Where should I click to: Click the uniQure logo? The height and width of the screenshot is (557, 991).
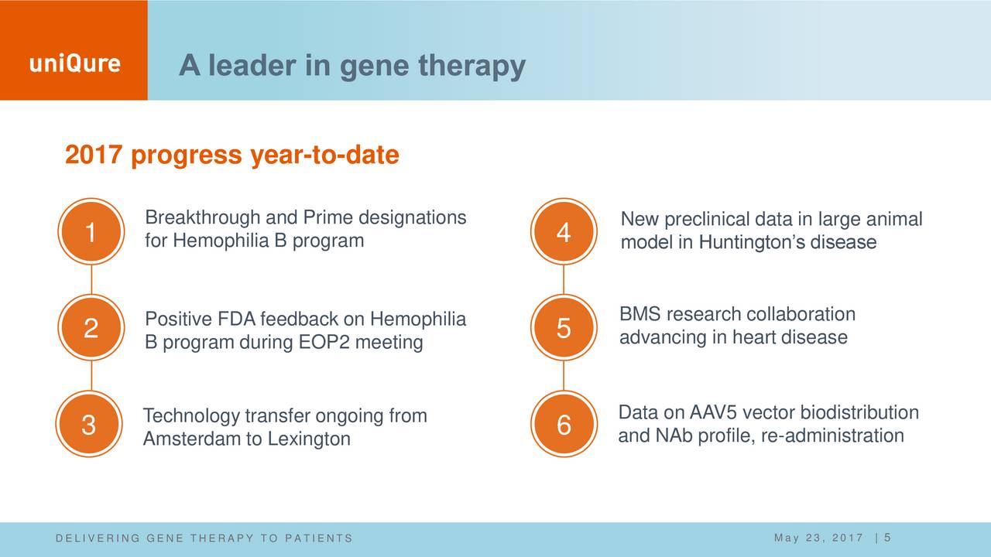tap(75, 64)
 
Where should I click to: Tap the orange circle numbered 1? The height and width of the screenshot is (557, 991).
tap(91, 231)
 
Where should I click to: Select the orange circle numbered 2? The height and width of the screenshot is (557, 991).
tap(91, 327)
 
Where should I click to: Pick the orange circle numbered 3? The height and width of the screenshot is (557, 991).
tap(89, 424)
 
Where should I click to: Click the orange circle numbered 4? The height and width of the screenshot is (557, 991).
tap(564, 231)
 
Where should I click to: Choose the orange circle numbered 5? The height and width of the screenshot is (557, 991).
tap(564, 327)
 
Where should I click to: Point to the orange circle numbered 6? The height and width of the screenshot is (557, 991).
tap(564, 424)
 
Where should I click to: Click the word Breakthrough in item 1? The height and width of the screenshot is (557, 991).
tap(203, 217)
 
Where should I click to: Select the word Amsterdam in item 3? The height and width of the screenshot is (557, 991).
tap(192, 439)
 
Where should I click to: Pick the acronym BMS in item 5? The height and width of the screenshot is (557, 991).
tap(640, 314)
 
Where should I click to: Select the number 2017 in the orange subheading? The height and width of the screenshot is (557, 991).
tap(94, 155)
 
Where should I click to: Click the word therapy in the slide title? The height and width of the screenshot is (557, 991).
tap(472, 67)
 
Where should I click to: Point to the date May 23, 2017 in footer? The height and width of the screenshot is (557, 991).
tap(819, 538)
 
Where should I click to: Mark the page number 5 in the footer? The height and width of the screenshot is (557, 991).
tap(887, 538)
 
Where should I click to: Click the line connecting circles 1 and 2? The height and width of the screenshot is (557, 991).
tap(91, 279)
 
